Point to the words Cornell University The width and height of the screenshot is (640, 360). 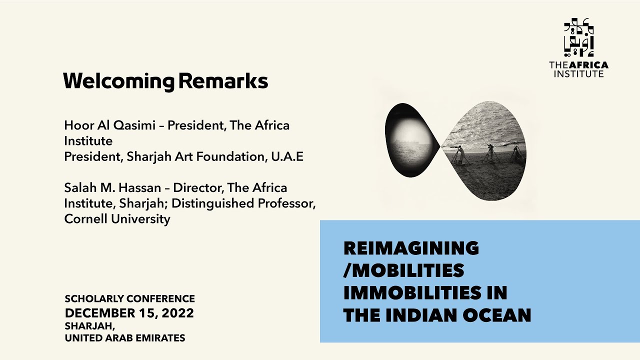(117, 219)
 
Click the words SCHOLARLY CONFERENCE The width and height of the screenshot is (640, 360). (129, 299)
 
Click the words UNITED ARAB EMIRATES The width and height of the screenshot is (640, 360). (124, 338)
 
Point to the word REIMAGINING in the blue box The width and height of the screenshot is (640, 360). (411, 247)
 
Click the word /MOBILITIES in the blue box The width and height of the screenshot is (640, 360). (403, 270)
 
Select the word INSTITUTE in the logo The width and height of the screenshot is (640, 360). (578, 73)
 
